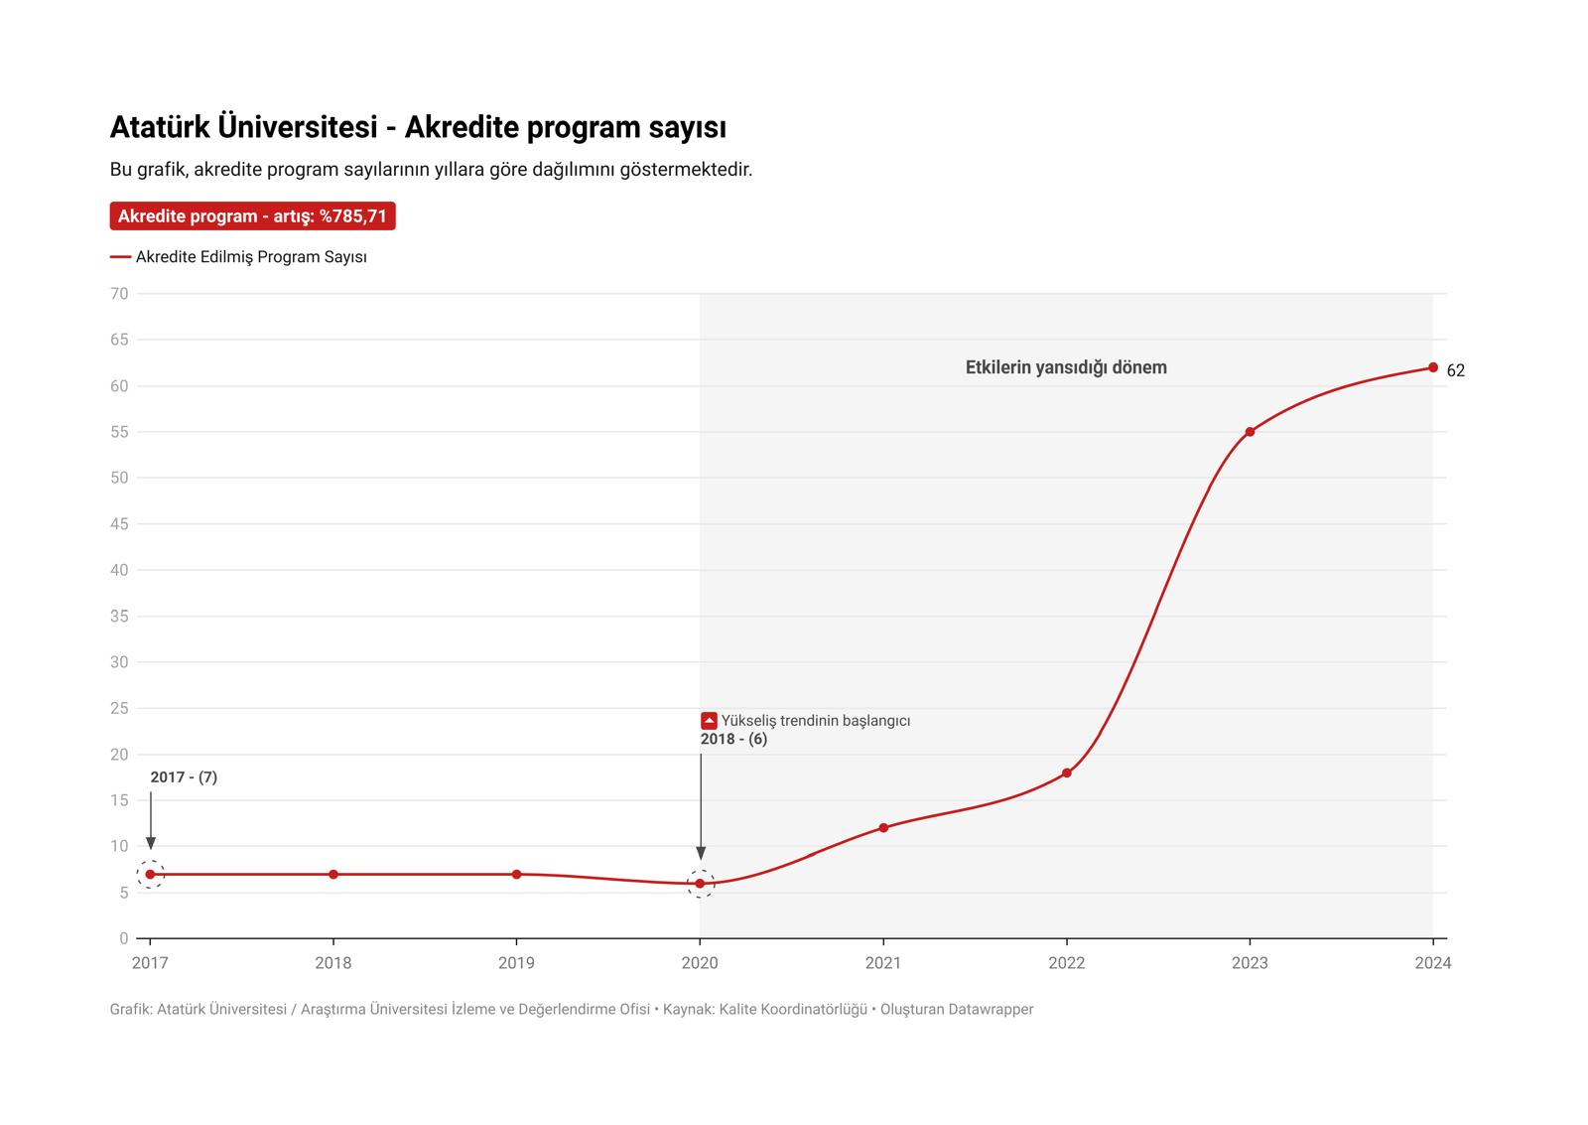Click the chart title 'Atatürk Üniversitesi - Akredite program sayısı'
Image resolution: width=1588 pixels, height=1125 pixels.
(x=418, y=128)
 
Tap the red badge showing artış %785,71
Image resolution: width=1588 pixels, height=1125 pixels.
(x=252, y=216)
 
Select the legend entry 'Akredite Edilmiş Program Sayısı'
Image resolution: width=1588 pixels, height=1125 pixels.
(x=251, y=257)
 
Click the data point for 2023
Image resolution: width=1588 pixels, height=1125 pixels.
(x=1250, y=432)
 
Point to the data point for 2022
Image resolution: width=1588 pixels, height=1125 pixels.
(x=1067, y=773)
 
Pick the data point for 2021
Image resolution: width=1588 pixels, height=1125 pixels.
(x=883, y=827)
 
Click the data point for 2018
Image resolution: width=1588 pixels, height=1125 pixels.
(x=333, y=874)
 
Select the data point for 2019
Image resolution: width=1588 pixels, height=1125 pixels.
(x=516, y=874)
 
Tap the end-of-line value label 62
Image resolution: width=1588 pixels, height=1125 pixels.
(x=1455, y=370)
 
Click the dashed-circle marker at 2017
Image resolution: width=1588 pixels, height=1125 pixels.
(x=150, y=874)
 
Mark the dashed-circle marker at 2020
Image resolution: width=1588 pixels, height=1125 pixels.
(x=701, y=883)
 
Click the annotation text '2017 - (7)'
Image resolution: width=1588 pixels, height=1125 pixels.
(x=184, y=777)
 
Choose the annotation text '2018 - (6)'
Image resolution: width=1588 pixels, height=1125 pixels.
(x=733, y=739)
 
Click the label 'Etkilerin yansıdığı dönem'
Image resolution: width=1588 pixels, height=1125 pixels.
(x=1066, y=367)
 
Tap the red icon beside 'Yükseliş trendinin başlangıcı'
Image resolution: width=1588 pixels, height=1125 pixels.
(x=709, y=721)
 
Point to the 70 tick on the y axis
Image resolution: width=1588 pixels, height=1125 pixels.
(x=119, y=294)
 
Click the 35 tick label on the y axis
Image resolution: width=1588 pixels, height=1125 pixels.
(x=119, y=616)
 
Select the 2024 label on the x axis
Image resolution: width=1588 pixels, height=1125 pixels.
(x=1432, y=962)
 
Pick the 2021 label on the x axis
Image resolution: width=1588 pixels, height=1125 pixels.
(x=883, y=962)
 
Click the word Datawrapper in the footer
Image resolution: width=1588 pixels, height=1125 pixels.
(x=991, y=1009)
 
